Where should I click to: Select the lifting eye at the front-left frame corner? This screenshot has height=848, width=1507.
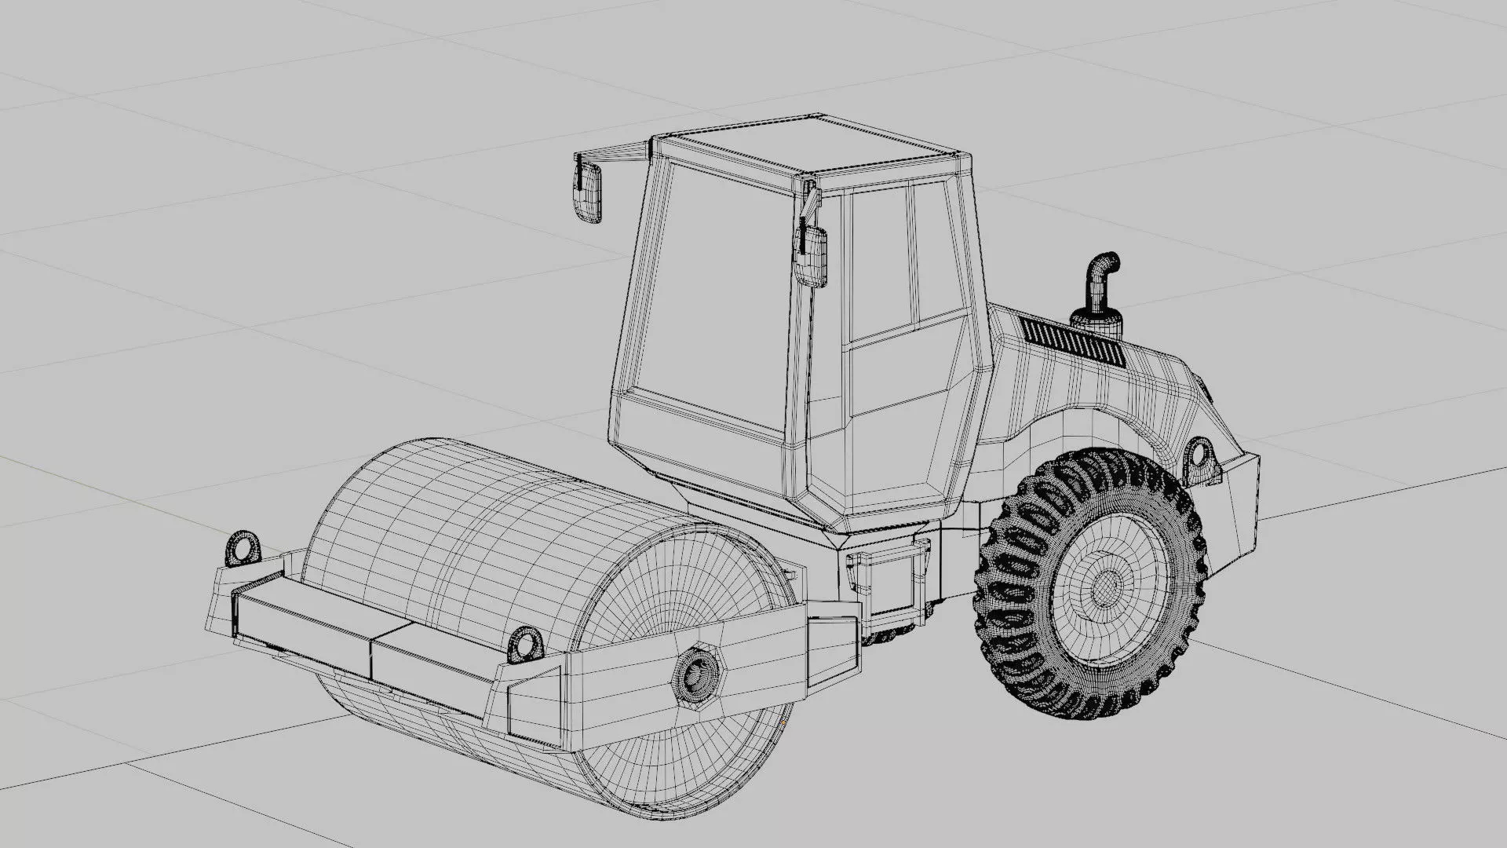tap(243, 547)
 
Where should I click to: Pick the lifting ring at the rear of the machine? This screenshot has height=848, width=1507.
tap(1199, 455)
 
